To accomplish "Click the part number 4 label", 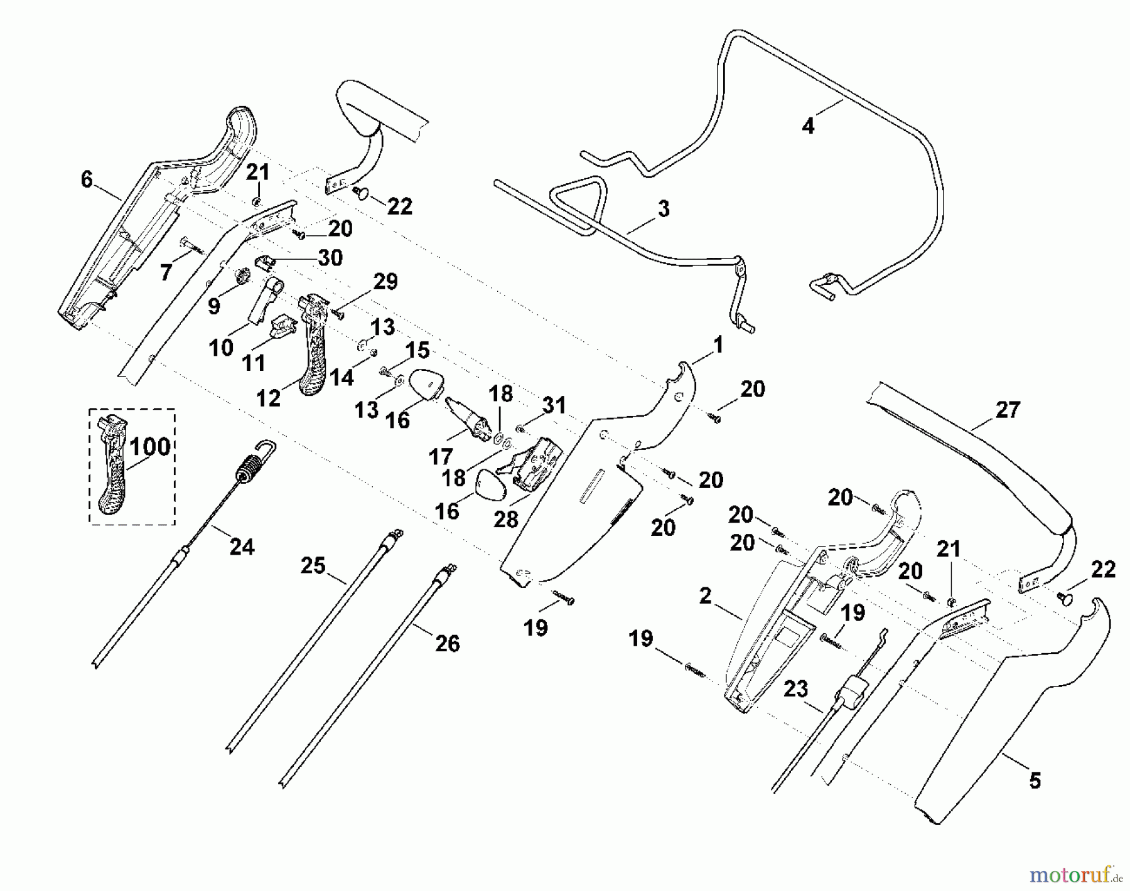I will (808, 126).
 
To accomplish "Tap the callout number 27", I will (1008, 410).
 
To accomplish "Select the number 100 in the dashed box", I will (151, 447).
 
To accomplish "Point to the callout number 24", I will (242, 547).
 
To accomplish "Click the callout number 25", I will (313, 566).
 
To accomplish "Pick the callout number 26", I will (448, 643).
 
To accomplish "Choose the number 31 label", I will (554, 406).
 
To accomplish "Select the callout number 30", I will (330, 257).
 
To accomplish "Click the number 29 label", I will (385, 282).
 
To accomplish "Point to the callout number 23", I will (796, 690).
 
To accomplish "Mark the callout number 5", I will (1035, 781).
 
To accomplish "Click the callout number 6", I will (87, 179).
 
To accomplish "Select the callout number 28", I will (507, 520).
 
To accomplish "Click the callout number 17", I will (441, 456).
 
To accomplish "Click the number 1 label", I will (718, 344).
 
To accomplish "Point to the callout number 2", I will (706, 595).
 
